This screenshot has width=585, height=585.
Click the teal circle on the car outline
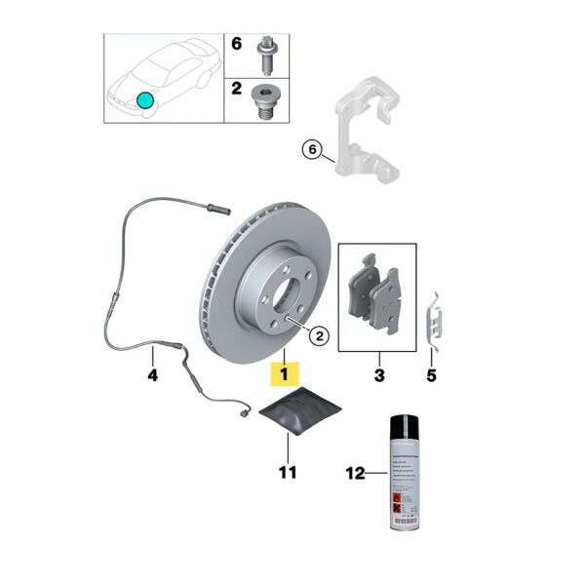pyautogui.click(x=145, y=99)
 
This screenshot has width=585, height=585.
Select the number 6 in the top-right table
pyautogui.click(x=236, y=44)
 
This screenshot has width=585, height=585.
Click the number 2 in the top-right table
pyautogui.click(x=236, y=90)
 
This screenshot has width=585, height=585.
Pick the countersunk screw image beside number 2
pyautogui.click(x=263, y=100)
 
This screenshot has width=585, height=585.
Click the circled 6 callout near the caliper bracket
pyautogui.click(x=312, y=149)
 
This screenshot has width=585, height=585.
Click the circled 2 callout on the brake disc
pyautogui.click(x=319, y=336)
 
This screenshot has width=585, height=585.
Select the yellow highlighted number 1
pyautogui.click(x=284, y=373)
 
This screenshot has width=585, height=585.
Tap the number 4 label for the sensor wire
pyautogui.click(x=152, y=373)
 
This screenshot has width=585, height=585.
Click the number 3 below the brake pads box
pyautogui.click(x=379, y=374)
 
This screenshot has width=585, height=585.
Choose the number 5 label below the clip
pyautogui.click(x=432, y=374)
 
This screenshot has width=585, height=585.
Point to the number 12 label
pyautogui.click(x=356, y=474)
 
